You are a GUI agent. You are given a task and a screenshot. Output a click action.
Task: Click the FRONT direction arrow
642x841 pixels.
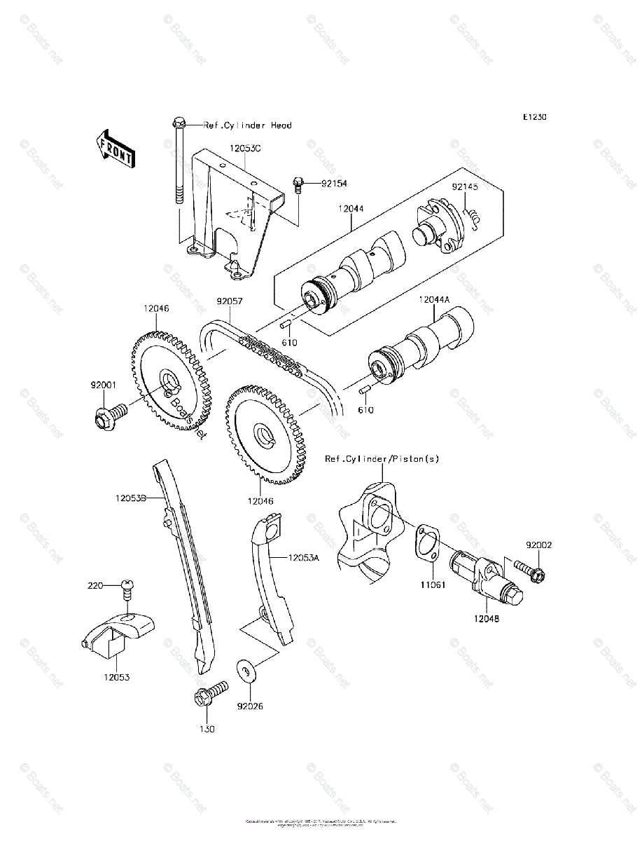[x=113, y=148]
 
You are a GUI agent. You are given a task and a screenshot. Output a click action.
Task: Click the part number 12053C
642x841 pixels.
[x=244, y=149]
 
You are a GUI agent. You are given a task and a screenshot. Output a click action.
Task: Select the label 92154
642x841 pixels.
[x=334, y=184]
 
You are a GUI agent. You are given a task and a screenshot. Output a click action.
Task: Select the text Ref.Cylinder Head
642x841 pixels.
[x=247, y=125]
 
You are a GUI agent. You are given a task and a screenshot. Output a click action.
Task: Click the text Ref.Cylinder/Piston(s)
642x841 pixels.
[x=382, y=459]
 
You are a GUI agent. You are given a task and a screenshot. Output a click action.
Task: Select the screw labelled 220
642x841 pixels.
[x=127, y=587]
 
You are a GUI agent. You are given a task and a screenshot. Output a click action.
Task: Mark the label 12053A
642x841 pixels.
[x=304, y=558]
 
